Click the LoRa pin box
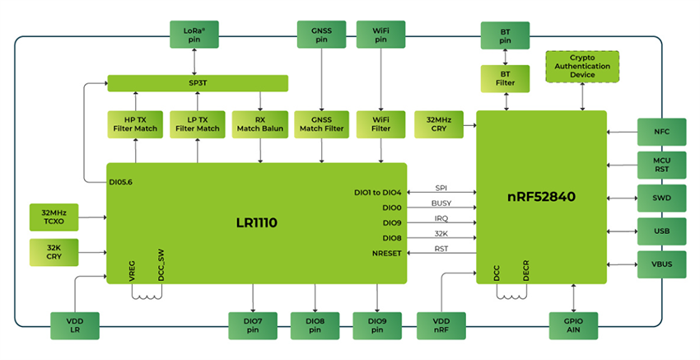pyautogui.click(x=194, y=35)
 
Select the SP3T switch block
pyautogui.click(x=198, y=83)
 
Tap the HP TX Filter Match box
pyautogui.click(x=134, y=124)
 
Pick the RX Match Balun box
pyautogui.click(x=259, y=124)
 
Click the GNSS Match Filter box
pyautogui.click(x=321, y=124)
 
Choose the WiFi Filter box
pyautogui.click(x=380, y=124)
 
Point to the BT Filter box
pyautogui.click(x=505, y=78)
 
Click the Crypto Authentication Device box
pyautogui.click(x=582, y=65)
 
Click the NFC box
pyautogui.click(x=661, y=131)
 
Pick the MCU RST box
pyautogui.click(x=661, y=164)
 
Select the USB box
pyautogui.click(x=661, y=231)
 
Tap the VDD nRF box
pyautogui.click(x=441, y=325)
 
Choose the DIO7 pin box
pyautogui.click(x=254, y=325)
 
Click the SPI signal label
pyautogui.click(x=441, y=188)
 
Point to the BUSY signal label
pyautogui.click(x=441, y=203)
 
